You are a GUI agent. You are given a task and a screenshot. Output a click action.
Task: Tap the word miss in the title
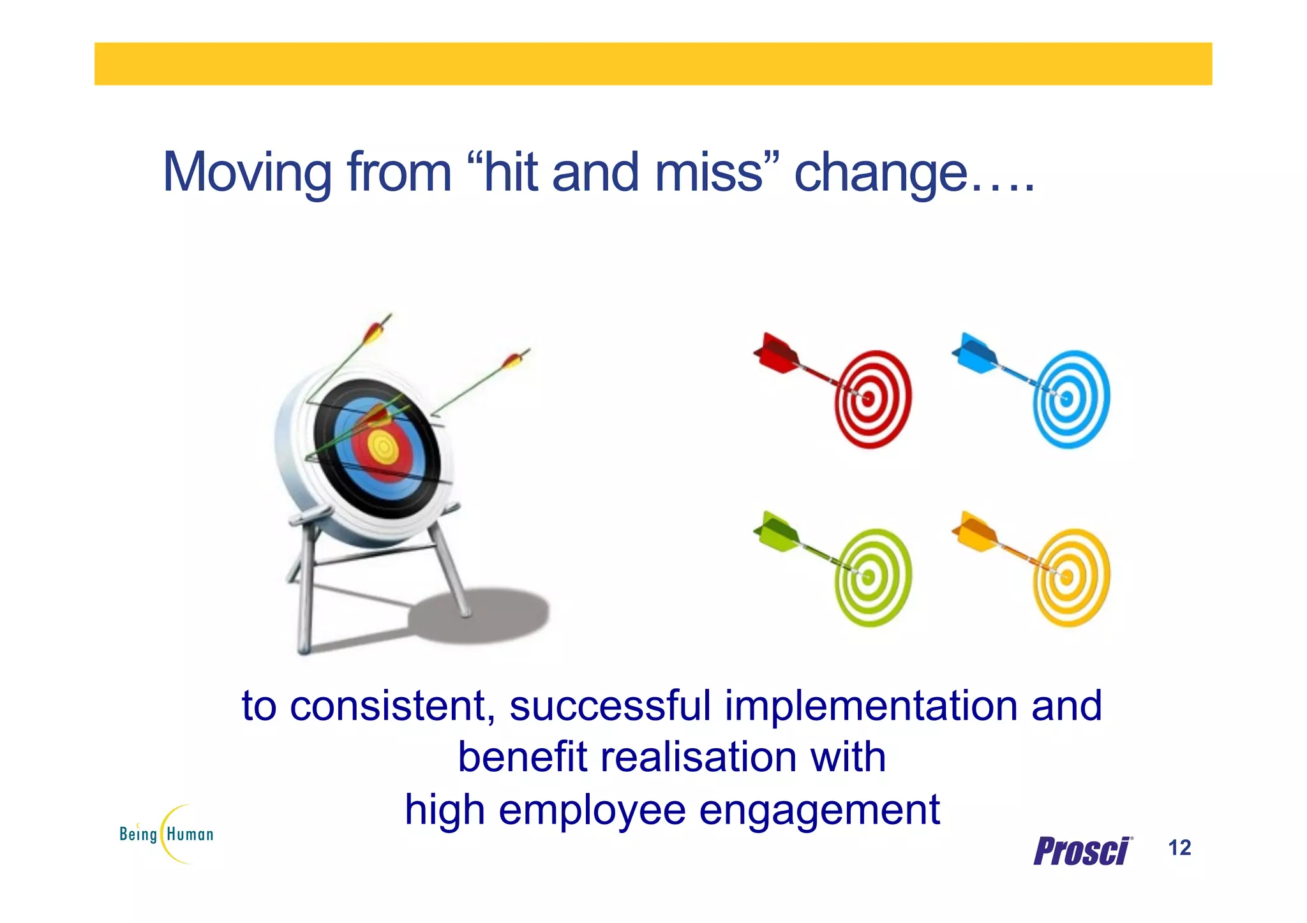pos(708,172)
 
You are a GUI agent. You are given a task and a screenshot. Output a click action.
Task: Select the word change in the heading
pos(880,172)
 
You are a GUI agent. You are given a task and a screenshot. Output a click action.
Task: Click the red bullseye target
pos(872,399)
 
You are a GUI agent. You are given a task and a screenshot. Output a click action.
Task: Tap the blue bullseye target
pos(1071,399)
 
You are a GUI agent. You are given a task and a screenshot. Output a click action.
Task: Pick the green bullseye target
pos(872,578)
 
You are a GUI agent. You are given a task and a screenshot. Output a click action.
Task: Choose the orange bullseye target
pos(1071,578)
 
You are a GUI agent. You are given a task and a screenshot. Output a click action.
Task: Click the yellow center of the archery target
pos(384,447)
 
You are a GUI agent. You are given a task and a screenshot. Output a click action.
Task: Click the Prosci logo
pos(1082,851)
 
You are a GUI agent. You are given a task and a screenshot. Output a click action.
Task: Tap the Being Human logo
pos(167,834)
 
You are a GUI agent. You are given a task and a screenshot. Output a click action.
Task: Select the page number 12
pos(1179,848)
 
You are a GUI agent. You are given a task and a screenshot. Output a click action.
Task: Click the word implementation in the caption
pos(871,706)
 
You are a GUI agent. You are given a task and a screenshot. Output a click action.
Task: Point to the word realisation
pos(698,758)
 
